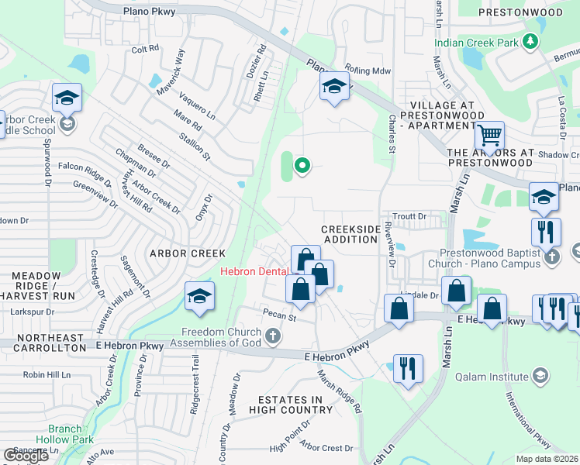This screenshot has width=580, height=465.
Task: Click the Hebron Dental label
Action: tap(254, 271)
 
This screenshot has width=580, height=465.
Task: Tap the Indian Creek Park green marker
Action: tap(531, 42)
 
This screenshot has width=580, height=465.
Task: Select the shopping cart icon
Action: tap(489, 136)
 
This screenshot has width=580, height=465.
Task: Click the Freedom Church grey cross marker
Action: tap(272, 336)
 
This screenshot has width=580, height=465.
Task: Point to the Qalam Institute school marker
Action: tap(540, 377)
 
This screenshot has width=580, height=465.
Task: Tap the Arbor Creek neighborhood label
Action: tap(188, 253)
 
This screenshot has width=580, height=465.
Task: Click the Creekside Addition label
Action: tap(351, 234)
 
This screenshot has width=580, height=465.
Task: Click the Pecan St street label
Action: tap(281, 317)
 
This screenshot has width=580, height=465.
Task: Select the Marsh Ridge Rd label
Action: tap(340, 390)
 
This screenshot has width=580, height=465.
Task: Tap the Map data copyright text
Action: tap(547, 459)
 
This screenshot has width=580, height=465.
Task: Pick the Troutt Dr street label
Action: tap(410, 216)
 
